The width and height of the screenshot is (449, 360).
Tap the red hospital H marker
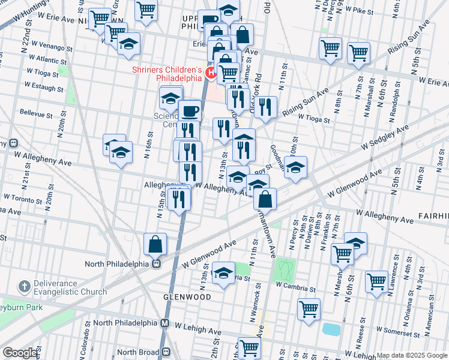[211, 73]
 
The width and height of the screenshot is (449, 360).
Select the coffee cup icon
[190, 111]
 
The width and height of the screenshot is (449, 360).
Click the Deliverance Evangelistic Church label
[56, 288]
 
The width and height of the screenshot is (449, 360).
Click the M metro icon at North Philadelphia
[164, 323]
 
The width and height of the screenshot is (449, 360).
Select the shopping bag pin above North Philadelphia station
[155, 244]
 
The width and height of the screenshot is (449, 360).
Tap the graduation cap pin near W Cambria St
[223, 274]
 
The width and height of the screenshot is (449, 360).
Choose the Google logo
[20, 353]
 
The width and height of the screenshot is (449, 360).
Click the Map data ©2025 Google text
[411, 355]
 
